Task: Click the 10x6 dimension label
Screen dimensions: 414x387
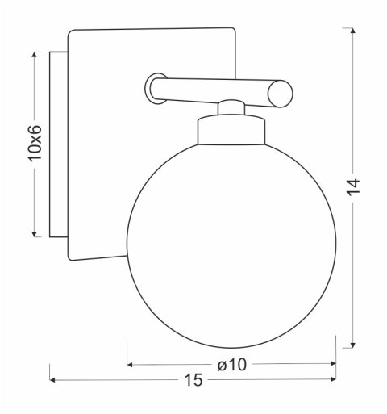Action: (x=35, y=144)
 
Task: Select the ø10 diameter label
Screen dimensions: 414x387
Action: (x=232, y=365)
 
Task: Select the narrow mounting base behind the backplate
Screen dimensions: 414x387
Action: (x=57, y=145)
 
